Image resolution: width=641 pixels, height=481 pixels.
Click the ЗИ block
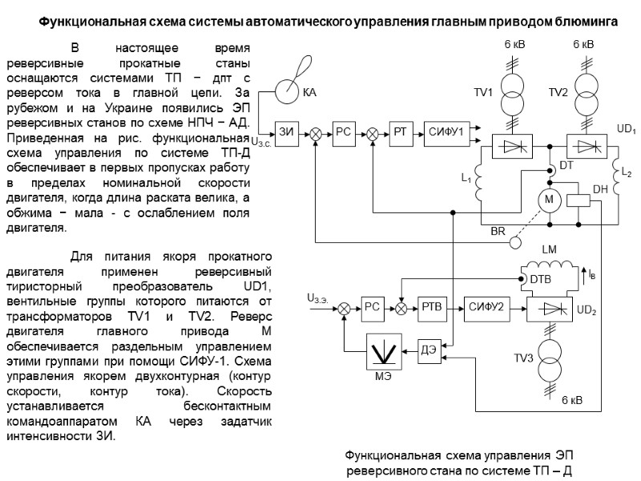point(285,131)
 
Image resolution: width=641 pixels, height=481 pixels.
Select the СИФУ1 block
point(446,131)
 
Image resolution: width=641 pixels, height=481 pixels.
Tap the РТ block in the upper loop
point(401,131)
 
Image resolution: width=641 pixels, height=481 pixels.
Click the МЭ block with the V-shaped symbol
point(387,351)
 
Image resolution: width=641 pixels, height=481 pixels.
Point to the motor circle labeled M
point(549,200)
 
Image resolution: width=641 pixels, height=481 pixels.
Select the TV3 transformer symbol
point(549,353)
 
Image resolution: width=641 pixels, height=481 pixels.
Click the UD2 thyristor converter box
point(549,309)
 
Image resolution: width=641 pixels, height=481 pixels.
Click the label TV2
point(558,94)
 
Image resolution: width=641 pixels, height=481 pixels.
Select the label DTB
point(541,279)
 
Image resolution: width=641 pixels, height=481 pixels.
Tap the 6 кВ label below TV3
point(571,399)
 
